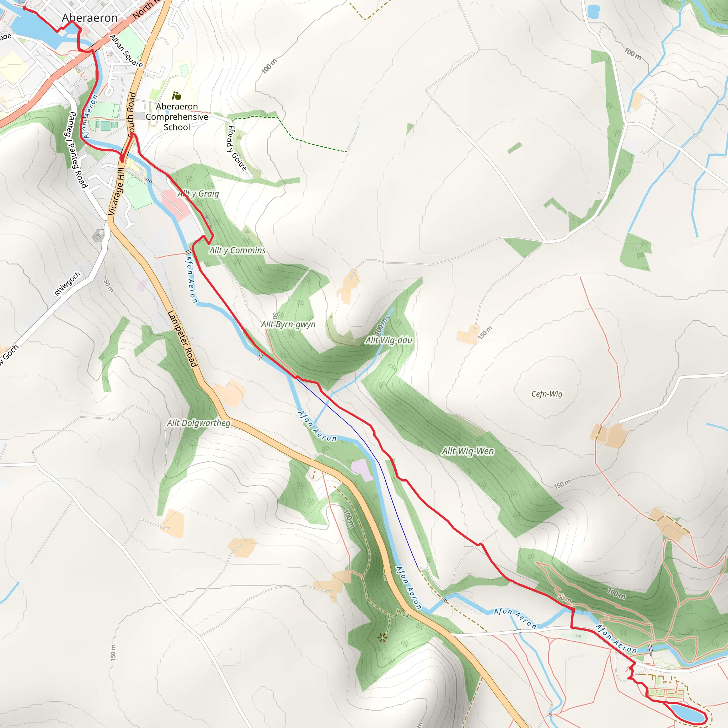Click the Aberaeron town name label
(x=90, y=18)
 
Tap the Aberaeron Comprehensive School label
(x=177, y=117)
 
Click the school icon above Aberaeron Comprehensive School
(x=176, y=96)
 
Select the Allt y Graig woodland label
(x=198, y=194)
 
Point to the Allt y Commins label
(x=237, y=250)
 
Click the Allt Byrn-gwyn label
(x=288, y=324)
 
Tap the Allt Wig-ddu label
(x=389, y=340)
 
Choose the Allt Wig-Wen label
(x=468, y=451)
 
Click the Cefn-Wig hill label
(x=547, y=394)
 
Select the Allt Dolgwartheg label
(x=199, y=423)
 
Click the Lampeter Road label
(x=182, y=338)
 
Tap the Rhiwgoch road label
(x=68, y=284)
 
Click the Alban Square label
(x=126, y=51)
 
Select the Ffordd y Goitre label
(x=236, y=148)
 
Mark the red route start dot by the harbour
(x=25, y=8)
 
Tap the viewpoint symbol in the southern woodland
(x=382, y=638)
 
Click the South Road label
(x=132, y=114)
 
